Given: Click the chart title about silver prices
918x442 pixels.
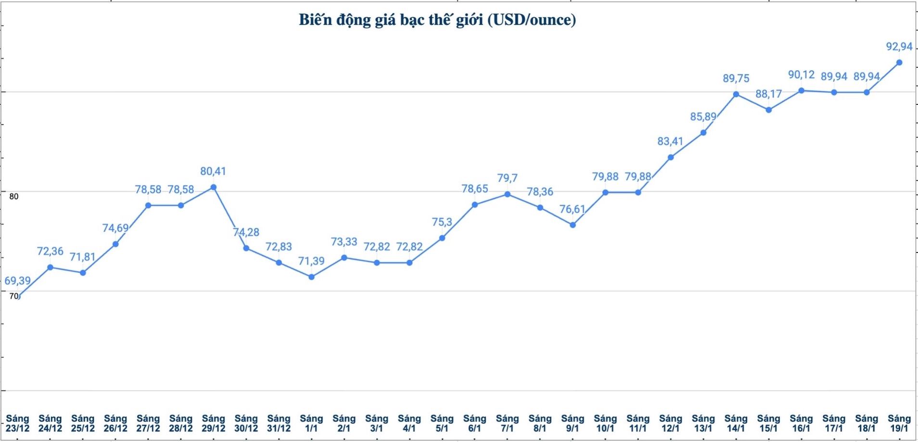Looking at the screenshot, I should click(x=437, y=20).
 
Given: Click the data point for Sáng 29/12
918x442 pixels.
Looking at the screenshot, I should click(x=214, y=187).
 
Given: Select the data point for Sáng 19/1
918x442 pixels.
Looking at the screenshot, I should click(x=899, y=63).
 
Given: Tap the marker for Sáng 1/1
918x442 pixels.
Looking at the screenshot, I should click(x=312, y=277).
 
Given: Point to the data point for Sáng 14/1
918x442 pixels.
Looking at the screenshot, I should click(x=736, y=94).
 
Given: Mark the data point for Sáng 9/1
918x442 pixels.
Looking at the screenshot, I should click(x=573, y=225).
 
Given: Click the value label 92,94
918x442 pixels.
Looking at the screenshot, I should click(x=899, y=47).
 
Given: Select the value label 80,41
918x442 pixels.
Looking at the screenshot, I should click(x=213, y=171).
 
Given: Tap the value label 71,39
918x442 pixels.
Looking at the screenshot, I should click(x=311, y=261).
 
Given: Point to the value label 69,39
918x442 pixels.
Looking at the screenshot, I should click(x=17, y=281).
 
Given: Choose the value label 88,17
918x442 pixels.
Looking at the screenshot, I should click(x=768, y=94).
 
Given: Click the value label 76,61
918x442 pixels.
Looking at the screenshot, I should click(x=572, y=209).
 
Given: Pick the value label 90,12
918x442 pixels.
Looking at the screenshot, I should click(x=801, y=75).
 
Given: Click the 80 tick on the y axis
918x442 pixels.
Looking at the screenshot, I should click(x=14, y=196).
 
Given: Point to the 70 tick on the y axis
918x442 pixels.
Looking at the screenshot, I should click(x=13, y=296).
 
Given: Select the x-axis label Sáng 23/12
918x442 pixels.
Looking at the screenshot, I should click(x=17, y=424).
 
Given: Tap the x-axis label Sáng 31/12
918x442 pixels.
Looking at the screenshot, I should click(x=279, y=424).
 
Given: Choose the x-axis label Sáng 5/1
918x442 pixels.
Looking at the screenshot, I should click(x=442, y=424).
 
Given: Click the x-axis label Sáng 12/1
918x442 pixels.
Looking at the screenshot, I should click(x=671, y=424).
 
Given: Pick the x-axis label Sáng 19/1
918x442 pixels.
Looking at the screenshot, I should click(x=899, y=424).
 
